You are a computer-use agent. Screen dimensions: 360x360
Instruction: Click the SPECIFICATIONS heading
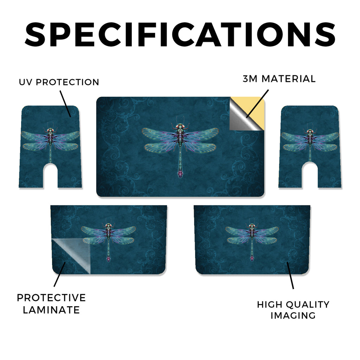tap(180, 35)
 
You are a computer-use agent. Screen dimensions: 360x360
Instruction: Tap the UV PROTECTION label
tap(59, 82)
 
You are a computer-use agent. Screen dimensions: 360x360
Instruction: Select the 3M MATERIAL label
tap(279, 79)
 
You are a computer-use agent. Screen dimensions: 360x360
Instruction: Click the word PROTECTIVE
tap(51, 297)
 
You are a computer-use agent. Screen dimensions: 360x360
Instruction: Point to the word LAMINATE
tap(51, 310)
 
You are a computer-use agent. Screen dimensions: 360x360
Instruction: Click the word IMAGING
tap(293, 315)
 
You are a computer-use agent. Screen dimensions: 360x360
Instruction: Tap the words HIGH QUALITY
tap(293, 304)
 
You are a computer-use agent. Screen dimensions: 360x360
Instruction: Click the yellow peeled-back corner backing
tap(252, 108)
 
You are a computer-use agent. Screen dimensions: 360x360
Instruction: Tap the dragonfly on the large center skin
tap(180, 147)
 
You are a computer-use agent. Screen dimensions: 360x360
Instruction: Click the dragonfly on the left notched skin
tap(50, 142)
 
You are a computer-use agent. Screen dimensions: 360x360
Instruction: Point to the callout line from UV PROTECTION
tap(65, 104)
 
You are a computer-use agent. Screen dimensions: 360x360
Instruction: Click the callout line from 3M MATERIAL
tap(257, 104)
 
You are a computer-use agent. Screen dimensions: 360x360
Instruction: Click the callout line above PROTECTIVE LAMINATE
tap(60, 274)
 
